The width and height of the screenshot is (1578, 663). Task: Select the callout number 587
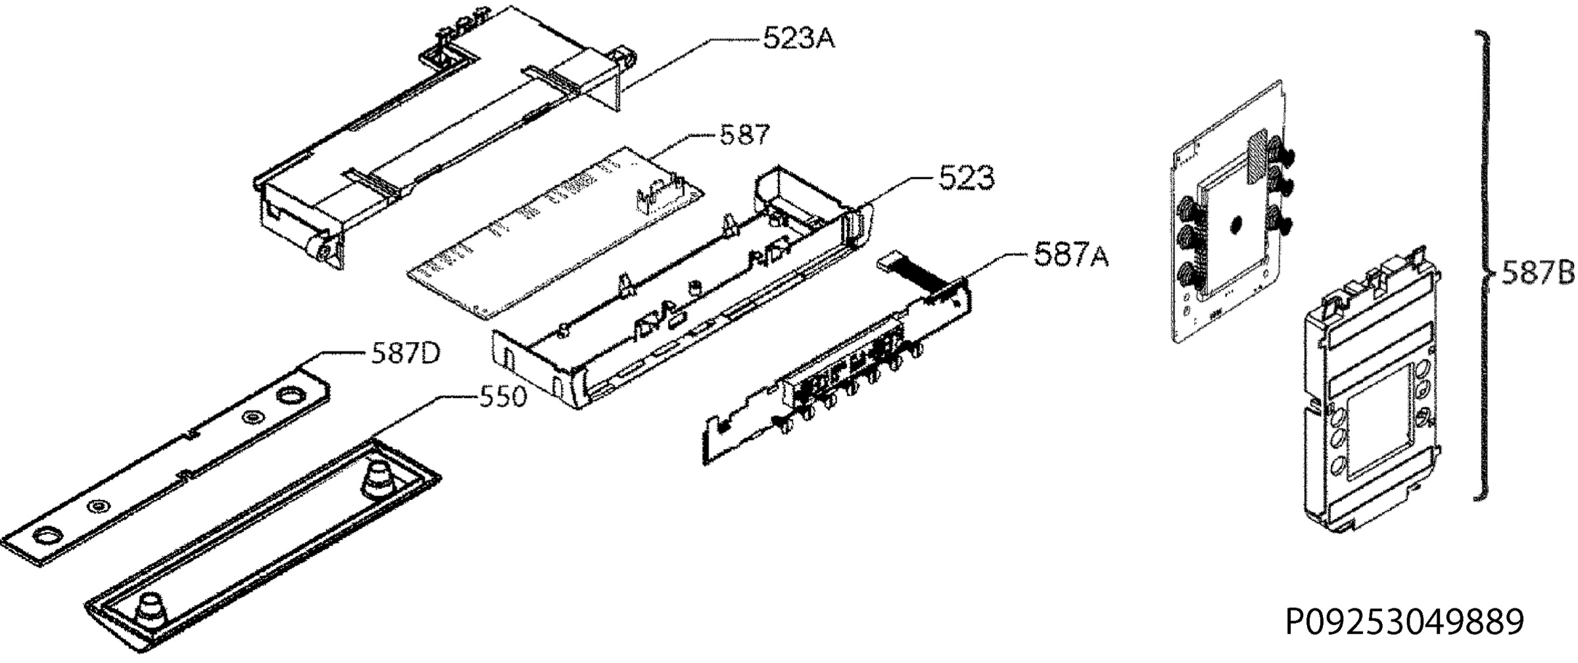[x=745, y=135]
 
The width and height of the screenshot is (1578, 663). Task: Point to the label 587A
[x=1071, y=255]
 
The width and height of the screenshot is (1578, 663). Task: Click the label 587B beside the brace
[x=1537, y=272]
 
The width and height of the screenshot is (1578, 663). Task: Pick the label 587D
[x=406, y=355]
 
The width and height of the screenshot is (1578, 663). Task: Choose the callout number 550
[x=502, y=397]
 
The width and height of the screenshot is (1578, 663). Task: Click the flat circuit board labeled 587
[x=556, y=233]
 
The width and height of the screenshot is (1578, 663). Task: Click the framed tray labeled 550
[x=263, y=546]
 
